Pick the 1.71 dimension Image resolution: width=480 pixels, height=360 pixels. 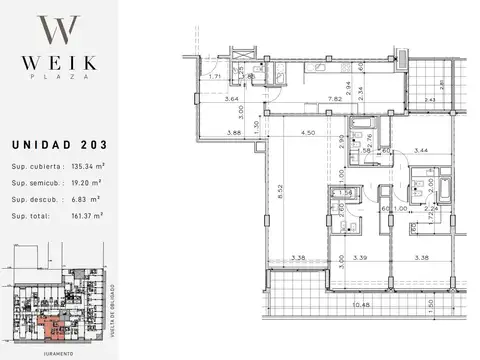(x=214, y=76)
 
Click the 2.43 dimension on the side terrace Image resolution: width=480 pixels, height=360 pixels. (x=430, y=101)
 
